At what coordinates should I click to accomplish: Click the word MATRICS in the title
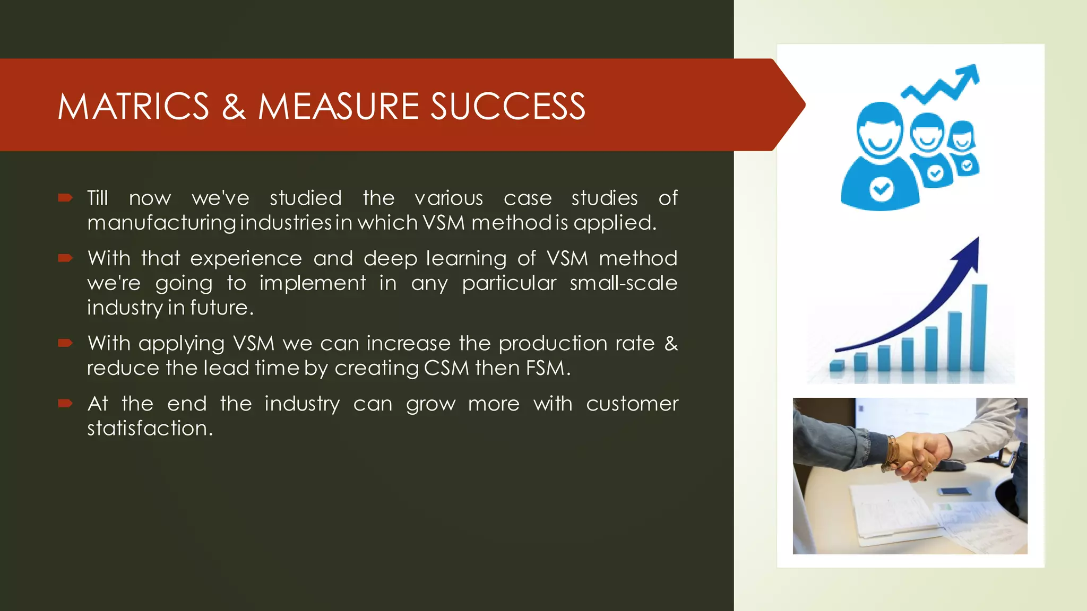[133, 106]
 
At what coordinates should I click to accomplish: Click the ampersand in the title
[234, 106]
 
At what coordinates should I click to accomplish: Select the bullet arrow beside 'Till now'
[65, 198]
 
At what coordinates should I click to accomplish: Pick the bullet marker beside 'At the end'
[65, 404]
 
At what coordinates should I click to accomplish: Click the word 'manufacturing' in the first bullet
[161, 223]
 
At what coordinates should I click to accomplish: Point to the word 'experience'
[246, 259]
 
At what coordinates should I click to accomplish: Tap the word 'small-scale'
[623, 283]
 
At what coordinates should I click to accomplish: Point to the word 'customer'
[632, 404]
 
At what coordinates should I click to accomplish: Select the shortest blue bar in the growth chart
[837, 365]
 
